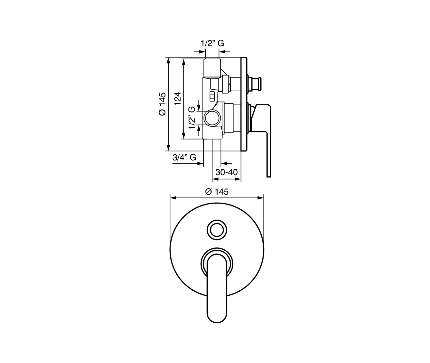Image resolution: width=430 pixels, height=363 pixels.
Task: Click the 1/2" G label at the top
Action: [x=212, y=43]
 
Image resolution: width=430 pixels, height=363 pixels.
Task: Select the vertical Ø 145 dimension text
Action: [x=163, y=104]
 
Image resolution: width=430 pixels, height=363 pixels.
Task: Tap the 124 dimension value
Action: [x=178, y=99]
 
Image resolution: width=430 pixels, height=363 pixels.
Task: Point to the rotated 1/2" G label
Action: [x=192, y=117]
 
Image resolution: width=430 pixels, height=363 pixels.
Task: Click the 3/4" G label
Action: [x=184, y=157]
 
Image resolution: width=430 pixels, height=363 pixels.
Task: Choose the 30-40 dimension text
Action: [x=227, y=172]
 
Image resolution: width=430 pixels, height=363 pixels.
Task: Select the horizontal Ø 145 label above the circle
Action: [x=217, y=192]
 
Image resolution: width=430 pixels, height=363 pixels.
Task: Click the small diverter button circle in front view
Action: [x=217, y=230]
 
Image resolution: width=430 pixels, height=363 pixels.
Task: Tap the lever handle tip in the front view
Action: [x=217, y=322]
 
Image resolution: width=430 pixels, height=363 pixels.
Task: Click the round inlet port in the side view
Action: [x=212, y=118]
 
